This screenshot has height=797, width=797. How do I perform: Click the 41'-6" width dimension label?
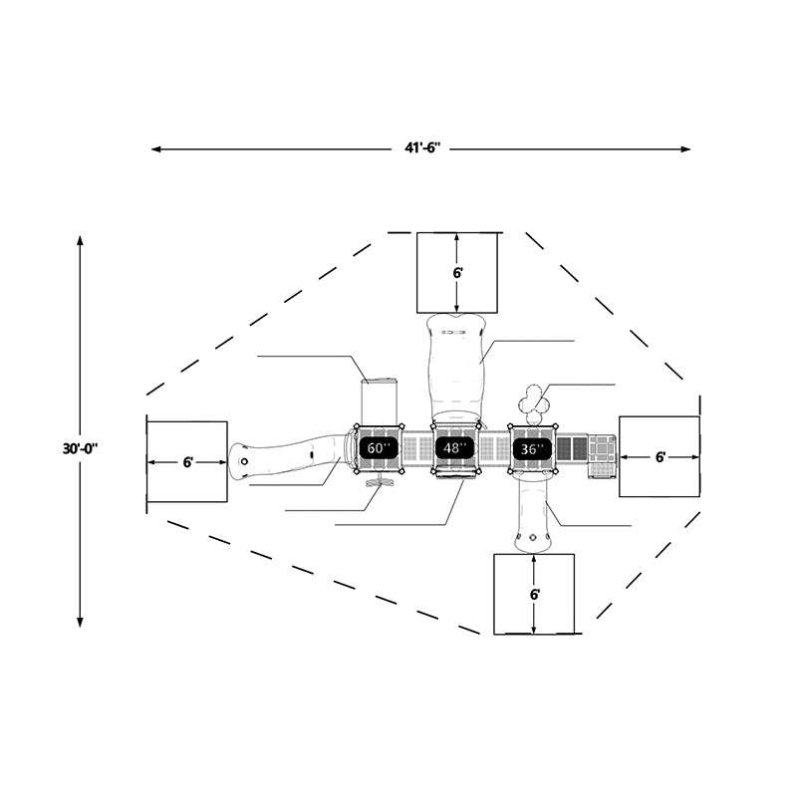422,148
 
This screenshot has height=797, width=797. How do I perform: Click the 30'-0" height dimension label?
81,449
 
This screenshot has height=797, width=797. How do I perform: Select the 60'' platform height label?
379,448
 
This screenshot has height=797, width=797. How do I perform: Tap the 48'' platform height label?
455,447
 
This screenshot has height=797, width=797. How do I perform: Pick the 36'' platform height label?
532,449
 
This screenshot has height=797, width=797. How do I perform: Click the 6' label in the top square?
458,273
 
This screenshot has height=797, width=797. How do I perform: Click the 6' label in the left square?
188,462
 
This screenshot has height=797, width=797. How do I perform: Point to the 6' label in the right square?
660,457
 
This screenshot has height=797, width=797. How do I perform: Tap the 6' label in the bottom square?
535,594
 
